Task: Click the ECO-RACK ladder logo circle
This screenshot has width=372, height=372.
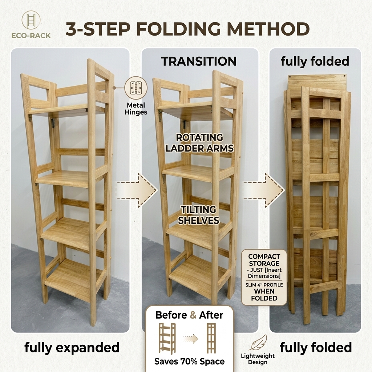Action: point(31,21)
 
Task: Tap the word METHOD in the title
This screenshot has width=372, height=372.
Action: point(268,29)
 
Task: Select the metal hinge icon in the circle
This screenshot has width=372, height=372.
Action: point(136,88)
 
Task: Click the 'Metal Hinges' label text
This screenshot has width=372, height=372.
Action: point(136,109)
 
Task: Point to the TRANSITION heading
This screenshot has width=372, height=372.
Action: point(199,61)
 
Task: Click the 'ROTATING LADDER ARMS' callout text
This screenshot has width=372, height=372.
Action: point(199,143)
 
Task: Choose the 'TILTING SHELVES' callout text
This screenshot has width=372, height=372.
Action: point(199,215)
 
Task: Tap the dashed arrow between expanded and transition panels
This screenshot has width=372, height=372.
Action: point(137,190)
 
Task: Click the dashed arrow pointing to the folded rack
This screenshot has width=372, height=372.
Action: point(263,190)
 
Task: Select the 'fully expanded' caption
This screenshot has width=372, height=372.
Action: point(72,348)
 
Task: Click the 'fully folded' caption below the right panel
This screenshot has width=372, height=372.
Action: point(316,348)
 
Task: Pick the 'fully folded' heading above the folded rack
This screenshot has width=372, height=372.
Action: point(315,61)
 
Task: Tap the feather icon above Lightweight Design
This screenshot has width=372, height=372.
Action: point(258,343)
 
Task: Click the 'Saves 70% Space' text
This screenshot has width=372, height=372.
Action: point(189,361)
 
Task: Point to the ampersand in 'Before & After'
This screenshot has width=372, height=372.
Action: point(193,315)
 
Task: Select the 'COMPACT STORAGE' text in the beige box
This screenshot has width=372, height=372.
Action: point(264,260)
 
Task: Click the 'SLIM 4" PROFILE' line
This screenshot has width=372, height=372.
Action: point(264,285)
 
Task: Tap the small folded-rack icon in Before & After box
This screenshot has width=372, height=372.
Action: point(211,339)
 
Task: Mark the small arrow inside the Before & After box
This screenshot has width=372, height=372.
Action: point(191,339)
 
